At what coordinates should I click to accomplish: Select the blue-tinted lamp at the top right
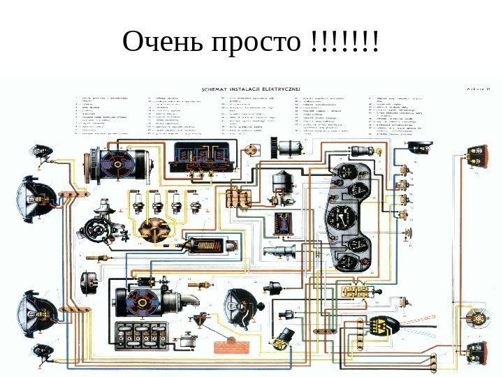419,146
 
